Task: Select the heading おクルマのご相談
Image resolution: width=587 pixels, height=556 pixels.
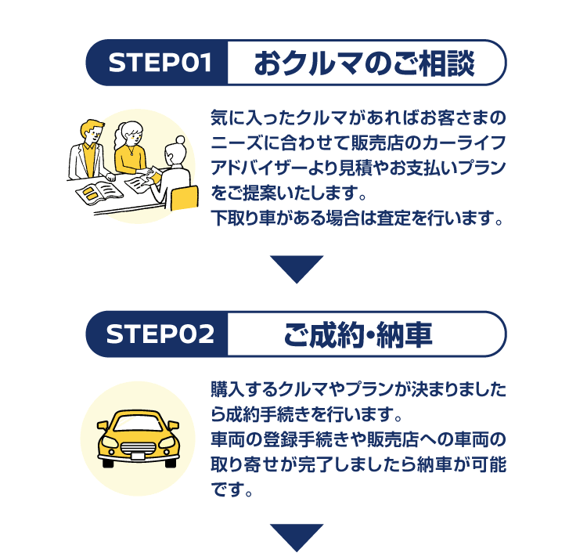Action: (364, 63)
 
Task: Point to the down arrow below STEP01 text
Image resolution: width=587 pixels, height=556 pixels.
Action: (297, 268)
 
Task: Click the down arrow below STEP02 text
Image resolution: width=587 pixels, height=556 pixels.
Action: (297, 537)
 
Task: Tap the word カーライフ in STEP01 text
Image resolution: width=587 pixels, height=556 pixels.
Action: (468, 144)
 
